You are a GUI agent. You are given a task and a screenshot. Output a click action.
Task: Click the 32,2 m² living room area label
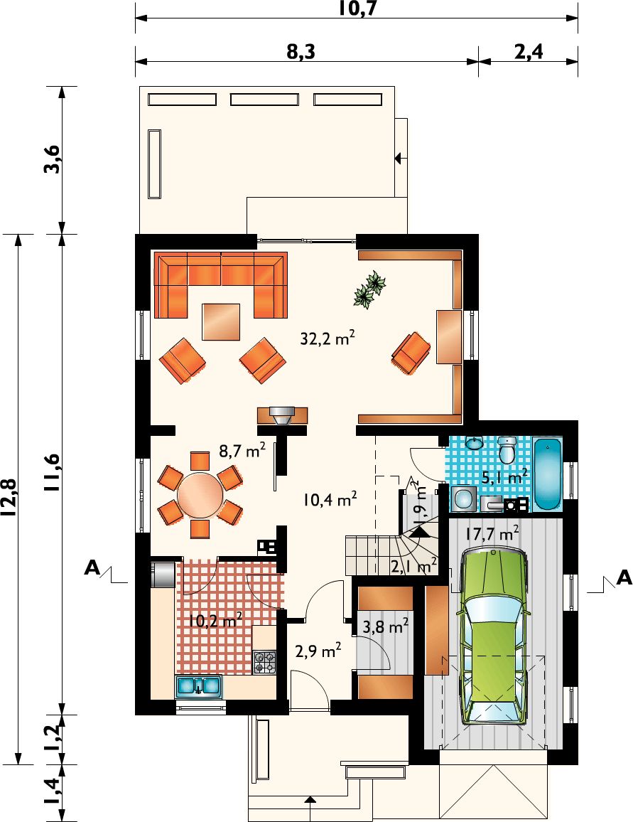pos(328,338)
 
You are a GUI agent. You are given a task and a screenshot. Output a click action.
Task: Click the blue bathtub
pos(548,474)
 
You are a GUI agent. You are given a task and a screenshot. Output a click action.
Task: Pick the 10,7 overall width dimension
pos(357,9)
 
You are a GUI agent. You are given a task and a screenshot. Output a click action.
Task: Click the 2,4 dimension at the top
pos(529,52)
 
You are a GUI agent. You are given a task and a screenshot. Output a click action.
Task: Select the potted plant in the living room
pos(369,289)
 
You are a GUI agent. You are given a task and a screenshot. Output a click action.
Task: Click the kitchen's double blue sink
pos(198,685)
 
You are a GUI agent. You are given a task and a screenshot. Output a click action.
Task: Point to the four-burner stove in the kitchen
pos(265,662)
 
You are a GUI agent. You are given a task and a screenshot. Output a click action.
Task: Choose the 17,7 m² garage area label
pos(492,534)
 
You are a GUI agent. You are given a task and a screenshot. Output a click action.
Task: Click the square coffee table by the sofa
pos(222,321)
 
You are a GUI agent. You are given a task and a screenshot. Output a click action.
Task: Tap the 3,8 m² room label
pos(385,626)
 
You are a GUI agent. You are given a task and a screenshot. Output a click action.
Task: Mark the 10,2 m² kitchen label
pos(215,621)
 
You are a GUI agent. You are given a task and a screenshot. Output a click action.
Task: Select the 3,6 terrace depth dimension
pos(53,159)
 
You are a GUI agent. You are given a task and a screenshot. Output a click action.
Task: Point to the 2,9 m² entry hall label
pos(318,651)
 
